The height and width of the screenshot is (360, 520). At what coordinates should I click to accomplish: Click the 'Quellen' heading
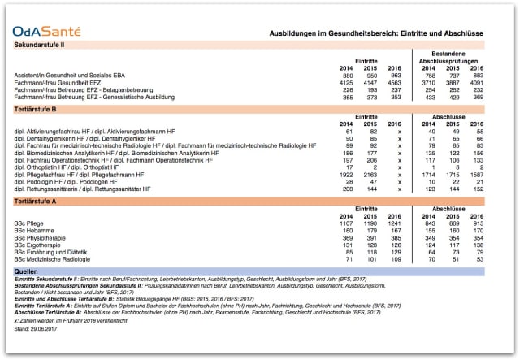27,271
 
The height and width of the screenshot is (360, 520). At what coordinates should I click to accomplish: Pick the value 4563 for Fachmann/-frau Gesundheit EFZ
396,83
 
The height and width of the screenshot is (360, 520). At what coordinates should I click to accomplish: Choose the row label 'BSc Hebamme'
34,230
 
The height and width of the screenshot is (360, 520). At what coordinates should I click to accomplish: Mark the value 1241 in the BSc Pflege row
396,223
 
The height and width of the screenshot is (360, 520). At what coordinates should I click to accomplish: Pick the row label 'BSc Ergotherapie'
39,245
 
